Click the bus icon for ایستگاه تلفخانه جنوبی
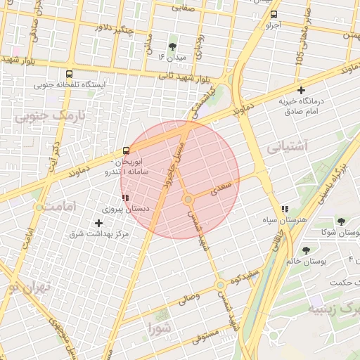pos(69,74)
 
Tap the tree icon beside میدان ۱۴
pos(173,46)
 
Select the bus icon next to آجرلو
pos(274,14)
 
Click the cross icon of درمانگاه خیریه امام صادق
pos(302,90)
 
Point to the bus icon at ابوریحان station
pos(126,150)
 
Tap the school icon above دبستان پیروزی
pos(125,198)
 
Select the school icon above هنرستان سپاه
pos(285,209)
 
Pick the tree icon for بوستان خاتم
pos(306,250)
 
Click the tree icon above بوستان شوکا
pos(340,222)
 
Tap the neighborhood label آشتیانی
pos(288,148)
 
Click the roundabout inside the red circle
pos(188,200)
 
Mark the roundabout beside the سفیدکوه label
pos(221,285)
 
